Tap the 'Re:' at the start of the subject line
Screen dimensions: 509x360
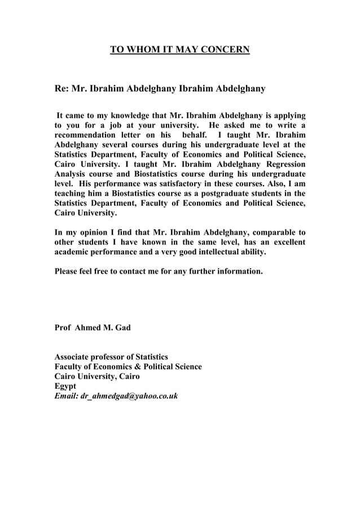pyautogui.click(x=61, y=89)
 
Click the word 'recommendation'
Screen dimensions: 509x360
pyautogui.click(x=87, y=135)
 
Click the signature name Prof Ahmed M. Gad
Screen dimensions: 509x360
pyautogui.click(x=92, y=327)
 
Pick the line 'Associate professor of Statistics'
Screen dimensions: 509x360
pyautogui.click(x=111, y=357)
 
